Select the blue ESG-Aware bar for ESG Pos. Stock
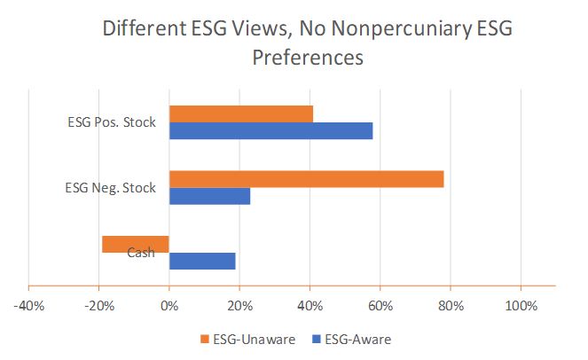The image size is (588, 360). click(x=270, y=131)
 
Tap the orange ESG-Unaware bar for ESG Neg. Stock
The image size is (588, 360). click(x=306, y=179)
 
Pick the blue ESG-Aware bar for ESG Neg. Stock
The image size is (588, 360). click(x=209, y=196)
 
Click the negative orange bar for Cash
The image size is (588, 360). click(x=136, y=244)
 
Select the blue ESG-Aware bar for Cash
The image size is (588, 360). click(x=202, y=261)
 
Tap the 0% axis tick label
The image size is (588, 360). click(x=169, y=306)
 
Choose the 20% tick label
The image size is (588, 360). click(x=239, y=306)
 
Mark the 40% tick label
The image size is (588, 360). click(x=310, y=306)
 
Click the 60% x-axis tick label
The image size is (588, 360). click(x=380, y=306)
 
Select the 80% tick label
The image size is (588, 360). click(x=451, y=306)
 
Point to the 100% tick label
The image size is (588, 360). click(x=521, y=306)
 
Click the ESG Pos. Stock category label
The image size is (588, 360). click(x=114, y=122)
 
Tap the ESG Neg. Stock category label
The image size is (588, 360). click(x=112, y=188)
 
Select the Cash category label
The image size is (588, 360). click(x=141, y=253)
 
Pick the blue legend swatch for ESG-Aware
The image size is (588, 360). click(x=315, y=339)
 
